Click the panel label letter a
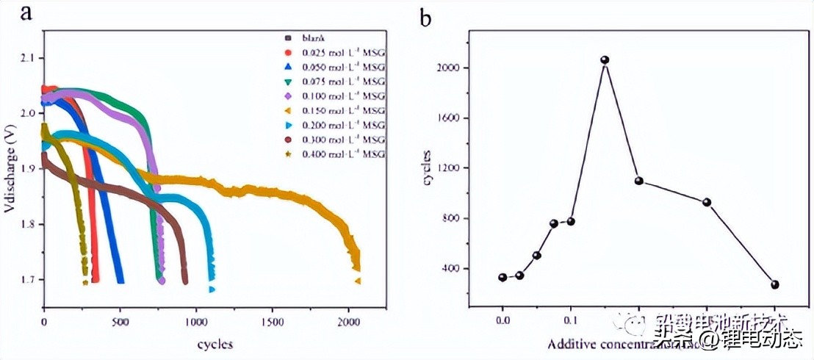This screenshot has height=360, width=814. (x=26, y=13)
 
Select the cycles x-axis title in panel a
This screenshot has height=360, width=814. (x=215, y=344)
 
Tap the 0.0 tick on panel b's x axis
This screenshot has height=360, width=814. (x=503, y=321)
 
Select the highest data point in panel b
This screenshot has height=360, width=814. (x=605, y=60)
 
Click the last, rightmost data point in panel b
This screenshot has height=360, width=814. (x=775, y=284)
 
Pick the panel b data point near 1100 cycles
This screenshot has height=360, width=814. (x=638, y=181)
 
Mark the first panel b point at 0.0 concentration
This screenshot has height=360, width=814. (x=503, y=278)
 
